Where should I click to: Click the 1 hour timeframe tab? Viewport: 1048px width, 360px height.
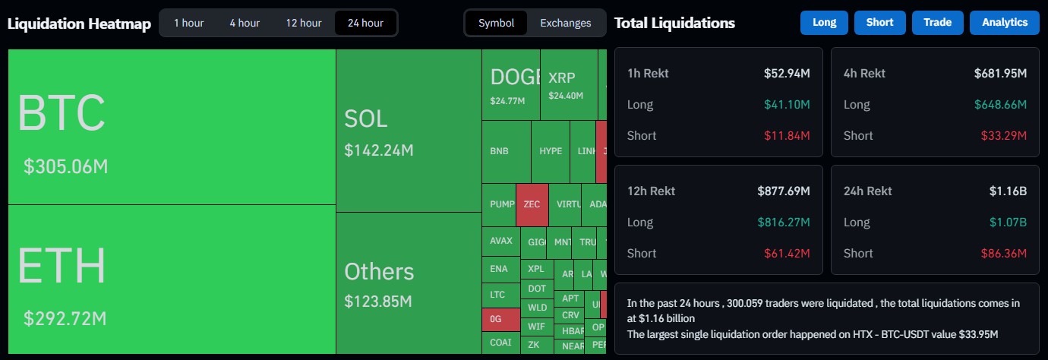pos(188,23)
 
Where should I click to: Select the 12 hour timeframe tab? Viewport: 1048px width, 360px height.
pos(304,23)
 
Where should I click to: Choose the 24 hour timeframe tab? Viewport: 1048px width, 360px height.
pos(365,23)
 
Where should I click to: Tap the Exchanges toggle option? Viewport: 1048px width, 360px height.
pos(565,23)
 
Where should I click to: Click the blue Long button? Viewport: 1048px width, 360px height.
pos(824,23)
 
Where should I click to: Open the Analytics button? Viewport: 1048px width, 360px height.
pos(1004,23)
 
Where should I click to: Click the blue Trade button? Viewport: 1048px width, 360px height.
pos(937,23)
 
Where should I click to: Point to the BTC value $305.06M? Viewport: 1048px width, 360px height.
pos(65,166)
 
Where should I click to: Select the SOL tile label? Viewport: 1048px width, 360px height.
pos(365,118)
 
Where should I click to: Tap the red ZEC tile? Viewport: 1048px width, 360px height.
pos(532,204)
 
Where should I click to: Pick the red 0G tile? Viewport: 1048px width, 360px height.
pos(496,319)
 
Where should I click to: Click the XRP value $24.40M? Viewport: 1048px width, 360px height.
pos(565,96)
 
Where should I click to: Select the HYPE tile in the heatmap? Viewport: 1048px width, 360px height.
pos(551,151)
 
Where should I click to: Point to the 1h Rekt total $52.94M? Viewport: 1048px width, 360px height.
pos(787,74)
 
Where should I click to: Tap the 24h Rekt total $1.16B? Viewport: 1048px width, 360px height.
pos(1008,191)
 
